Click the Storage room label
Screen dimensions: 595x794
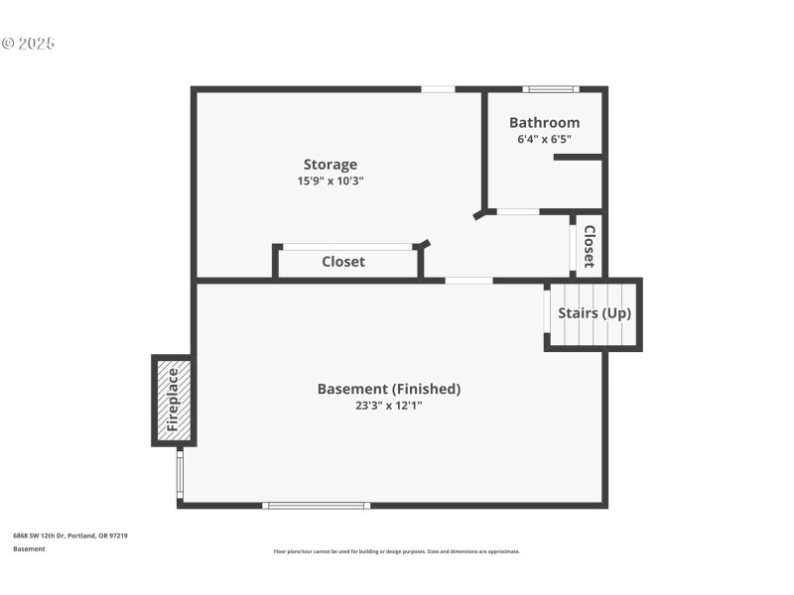(x=331, y=165)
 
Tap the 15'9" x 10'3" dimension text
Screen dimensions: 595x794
(x=331, y=181)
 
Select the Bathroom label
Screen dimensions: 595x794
(x=544, y=123)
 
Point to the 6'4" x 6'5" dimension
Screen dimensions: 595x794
(x=544, y=140)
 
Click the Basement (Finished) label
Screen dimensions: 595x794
(x=389, y=389)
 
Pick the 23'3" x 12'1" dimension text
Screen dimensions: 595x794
(x=389, y=405)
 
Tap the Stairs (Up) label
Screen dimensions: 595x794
(x=595, y=313)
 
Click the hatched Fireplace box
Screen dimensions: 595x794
(x=173, y=400)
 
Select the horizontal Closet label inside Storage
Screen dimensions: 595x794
(x=343, y=262)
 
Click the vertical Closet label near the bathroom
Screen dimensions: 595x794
(x=589, y=246)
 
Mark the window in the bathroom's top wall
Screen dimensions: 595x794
(x=552, y=89)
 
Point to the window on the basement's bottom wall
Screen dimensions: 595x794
(x=316, y=506)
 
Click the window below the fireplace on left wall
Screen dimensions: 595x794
(x=180, y=473)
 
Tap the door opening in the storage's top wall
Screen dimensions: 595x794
(x=438, y=89)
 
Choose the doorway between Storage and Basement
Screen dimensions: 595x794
(x=468, y=281)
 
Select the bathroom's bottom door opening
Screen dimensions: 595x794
(x=517, y=211)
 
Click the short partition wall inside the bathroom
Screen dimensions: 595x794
(x=579, y=157)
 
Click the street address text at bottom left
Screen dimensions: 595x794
(x=69, y=535)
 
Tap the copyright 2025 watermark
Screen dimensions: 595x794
(x=28, y=44)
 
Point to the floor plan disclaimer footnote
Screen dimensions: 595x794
(x=396, y=551)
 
